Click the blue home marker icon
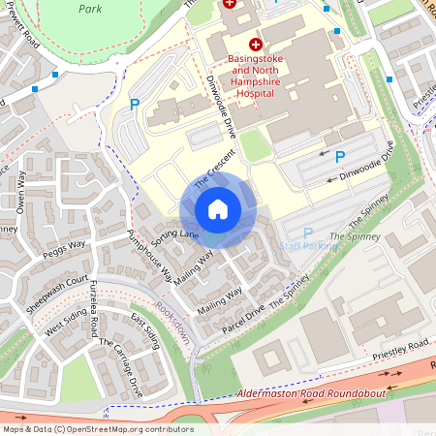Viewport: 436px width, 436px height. (x=218, y=208)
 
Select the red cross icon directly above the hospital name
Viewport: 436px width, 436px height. (x=256, y=45)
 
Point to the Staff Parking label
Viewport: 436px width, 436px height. (x=308, y=246)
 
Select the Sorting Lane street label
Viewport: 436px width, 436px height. (x=175, y=235)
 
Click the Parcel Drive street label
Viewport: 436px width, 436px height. (x=242, y=319)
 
